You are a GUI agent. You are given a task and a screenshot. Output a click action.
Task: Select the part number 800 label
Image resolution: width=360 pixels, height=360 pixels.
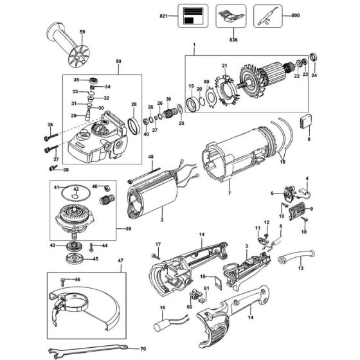coord(296,15)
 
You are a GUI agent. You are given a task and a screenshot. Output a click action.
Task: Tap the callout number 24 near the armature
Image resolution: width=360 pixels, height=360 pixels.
coord(314,76)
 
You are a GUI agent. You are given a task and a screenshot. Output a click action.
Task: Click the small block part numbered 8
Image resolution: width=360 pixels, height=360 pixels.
coord(307,122)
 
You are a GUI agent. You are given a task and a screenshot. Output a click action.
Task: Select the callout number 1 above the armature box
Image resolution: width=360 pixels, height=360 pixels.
coord(194,44)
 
